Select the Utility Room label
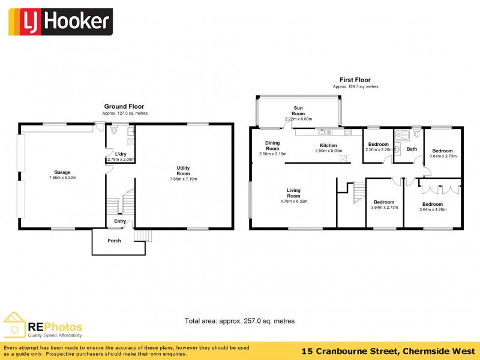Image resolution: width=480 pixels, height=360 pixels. point(183,171)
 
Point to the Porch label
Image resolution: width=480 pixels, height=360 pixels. point(114,241)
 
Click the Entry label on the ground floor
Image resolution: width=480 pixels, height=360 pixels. point(120,221)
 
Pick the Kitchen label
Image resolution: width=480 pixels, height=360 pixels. point(328,145)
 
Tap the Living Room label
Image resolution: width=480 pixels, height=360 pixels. point(293,194)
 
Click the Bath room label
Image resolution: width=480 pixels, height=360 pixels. point(412,149)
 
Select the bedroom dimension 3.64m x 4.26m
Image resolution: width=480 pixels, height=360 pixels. point(432,209)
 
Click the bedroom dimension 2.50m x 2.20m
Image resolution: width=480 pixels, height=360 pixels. point(379,149)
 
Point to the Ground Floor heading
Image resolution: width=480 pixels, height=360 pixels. point(124,106)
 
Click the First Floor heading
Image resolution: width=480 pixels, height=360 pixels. point(355,80)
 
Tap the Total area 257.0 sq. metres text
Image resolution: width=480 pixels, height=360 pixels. point(239,321)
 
